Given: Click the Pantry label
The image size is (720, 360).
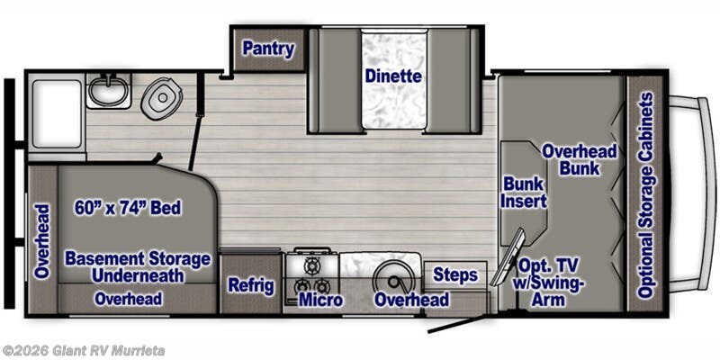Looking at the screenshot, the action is [268, 49].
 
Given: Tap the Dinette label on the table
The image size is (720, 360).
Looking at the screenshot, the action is [393, 76].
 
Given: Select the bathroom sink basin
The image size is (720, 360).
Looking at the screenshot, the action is [108, 91].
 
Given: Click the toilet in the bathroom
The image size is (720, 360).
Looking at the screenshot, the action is [162, 98].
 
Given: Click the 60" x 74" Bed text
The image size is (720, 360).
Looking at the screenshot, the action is [128, 208].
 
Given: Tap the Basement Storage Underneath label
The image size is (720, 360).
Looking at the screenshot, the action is [138, 266].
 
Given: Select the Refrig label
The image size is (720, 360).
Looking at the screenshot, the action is [251, 285].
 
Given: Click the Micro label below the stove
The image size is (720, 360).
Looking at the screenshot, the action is [320, 300].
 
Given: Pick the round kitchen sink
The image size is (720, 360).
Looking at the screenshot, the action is [393, 278].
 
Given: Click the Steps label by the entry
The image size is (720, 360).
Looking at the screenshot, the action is [455, 275].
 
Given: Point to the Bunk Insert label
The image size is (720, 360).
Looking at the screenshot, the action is [524, 193].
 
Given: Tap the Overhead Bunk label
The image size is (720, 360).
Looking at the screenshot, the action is [580, 160].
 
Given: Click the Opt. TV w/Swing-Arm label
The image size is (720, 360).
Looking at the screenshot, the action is [548, 283].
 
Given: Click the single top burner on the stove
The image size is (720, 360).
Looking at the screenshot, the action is [312, 265].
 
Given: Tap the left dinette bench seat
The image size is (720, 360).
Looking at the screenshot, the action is [336, 80].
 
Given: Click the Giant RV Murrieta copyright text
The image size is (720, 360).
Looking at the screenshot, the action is [83, 351].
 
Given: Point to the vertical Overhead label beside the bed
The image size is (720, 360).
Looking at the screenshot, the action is [41, 241].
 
